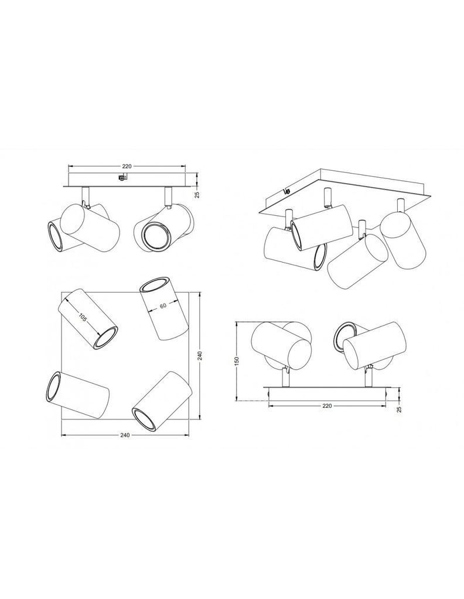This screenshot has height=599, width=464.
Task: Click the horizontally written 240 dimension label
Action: point(125,435)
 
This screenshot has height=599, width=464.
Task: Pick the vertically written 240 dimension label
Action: point(200,357)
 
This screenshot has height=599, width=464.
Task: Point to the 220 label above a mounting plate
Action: point(128,165)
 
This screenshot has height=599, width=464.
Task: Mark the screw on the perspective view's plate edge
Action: point(286,190)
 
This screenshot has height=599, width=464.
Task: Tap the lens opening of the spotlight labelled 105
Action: point(107,338)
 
